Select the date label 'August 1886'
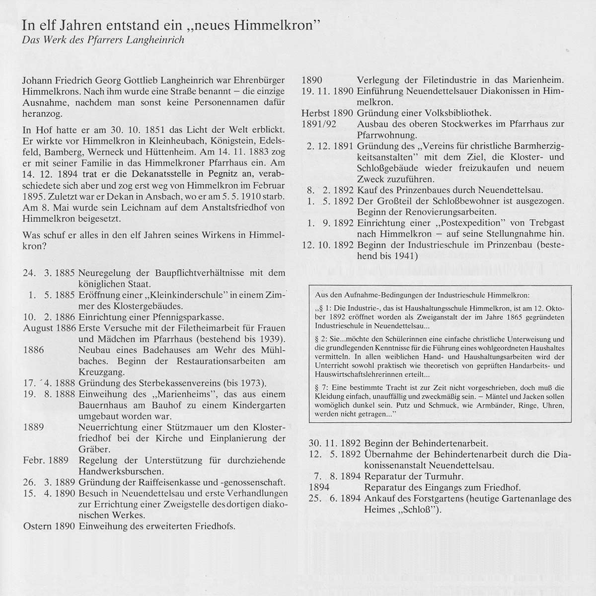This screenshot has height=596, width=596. pos(49,328)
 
